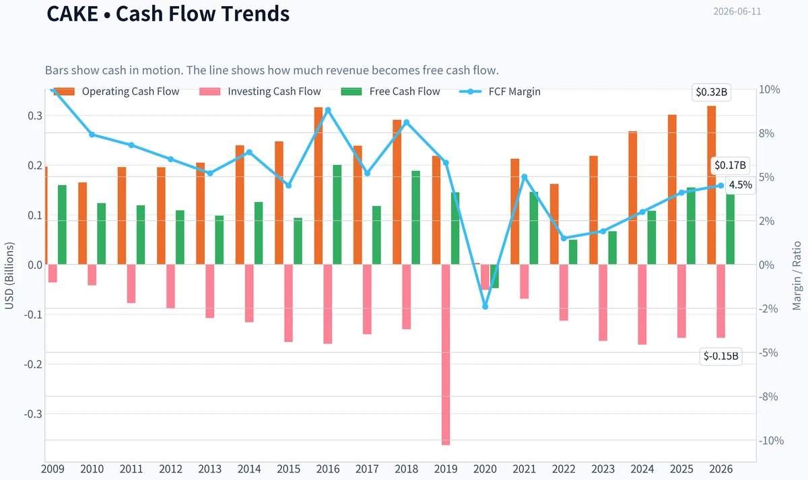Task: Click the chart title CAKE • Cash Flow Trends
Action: (x=168, y=13)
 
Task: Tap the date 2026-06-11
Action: (x=737, y=11)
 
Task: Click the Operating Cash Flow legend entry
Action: (x=116, y=92)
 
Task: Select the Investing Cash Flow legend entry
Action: (x=260, y=92)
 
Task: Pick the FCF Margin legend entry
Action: (x=500, y=92)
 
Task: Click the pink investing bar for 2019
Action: (x=446, y=355)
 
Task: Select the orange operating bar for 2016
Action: (x=318, y=186)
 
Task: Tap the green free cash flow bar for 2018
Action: (x=416, y=217)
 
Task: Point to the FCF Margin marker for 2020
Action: (x=485, y=307)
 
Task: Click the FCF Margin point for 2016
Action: (x=328, y=110)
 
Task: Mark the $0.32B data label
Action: (x=711, y=92)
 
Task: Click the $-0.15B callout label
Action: (x=720, y=356)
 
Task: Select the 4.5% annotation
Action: (x=741, y=185)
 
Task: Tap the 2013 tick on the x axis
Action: (x=210, y=469)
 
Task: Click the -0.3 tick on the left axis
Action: (x=33, y=413)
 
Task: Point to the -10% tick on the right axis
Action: (x=771, y=440)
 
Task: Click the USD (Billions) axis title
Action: (x=9, y=276)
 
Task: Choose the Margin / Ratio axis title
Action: (x=797, y=276)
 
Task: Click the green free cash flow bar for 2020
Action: (x=494, y=276)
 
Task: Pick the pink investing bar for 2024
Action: (x=642, y=304)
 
